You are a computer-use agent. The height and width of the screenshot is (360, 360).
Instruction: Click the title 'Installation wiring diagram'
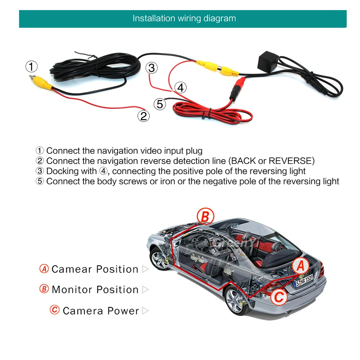tap(184, 19)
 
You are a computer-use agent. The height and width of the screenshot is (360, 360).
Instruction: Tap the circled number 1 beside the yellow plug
tap(31, 67)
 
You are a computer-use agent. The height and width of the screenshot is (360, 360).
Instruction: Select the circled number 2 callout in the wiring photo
tap(143, 116)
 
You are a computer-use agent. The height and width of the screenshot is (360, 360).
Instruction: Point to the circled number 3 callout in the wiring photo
tap(152, 68)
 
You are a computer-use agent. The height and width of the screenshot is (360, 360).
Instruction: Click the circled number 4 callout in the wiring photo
tap(181, 87)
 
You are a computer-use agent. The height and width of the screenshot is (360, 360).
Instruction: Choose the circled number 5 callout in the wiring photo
tap(160, 104)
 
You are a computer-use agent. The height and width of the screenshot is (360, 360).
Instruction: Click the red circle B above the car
tap(205, 217)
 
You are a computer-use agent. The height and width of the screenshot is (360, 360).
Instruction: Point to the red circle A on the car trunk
tap(301, 267)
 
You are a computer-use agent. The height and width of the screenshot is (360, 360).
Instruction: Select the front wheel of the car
tap(158, 260)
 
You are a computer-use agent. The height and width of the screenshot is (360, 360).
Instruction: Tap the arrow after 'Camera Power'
tap(145, 311)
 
